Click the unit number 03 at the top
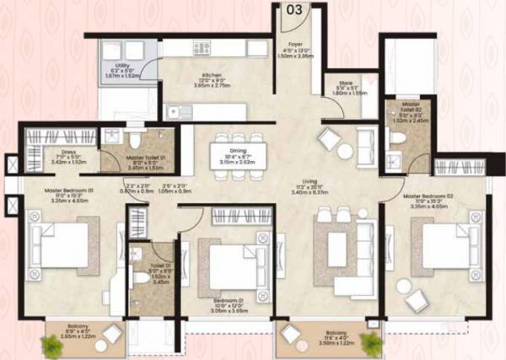pyautogui.click(x=294, y=11)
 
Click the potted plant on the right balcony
pyautogui.click(x=369, y=341)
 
